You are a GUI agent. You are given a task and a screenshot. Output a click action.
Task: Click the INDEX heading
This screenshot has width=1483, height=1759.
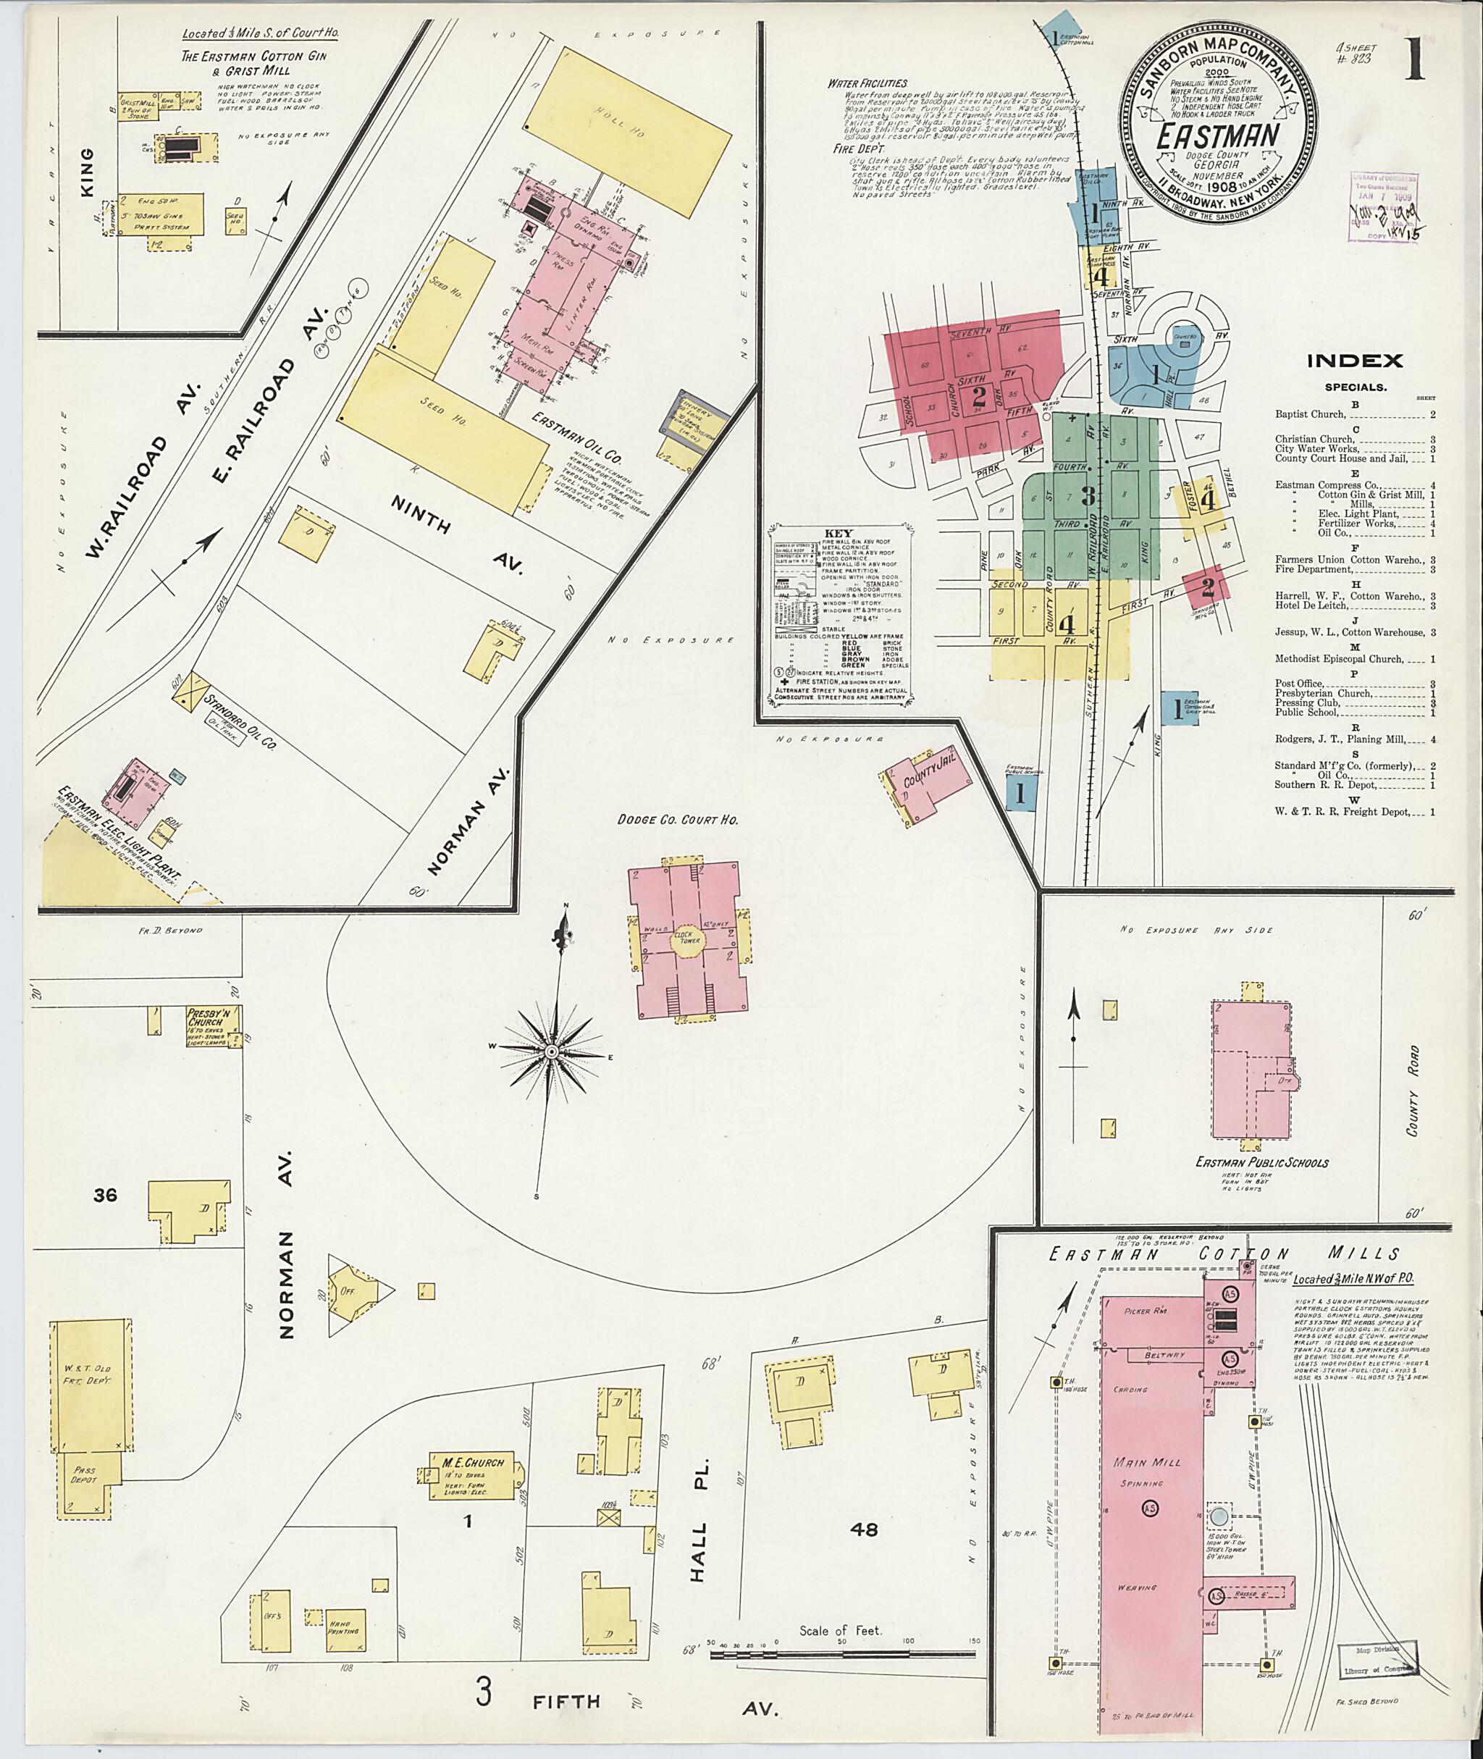[x=1353, y=361]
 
